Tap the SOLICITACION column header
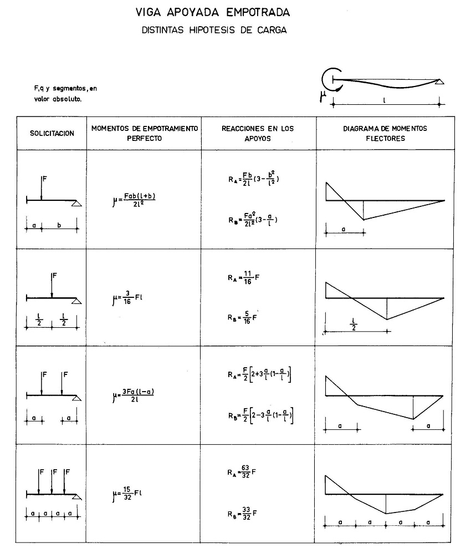click(x=52, y=133)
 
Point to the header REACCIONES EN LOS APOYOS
click(x=258, y=133)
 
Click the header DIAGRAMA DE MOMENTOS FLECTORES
click(x=385, y=133)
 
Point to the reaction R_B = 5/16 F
click(x=244, y=318)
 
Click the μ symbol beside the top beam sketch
click(x=322, y=97)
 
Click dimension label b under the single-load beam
click(x=59, y=226)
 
